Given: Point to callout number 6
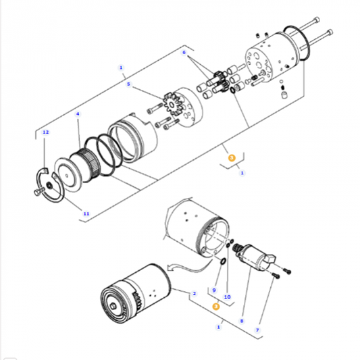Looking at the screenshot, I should click(183, 52).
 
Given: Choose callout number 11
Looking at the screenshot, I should click(86, 213).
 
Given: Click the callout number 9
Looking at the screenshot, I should click(214, 291).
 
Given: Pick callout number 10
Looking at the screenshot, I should click(227, 297).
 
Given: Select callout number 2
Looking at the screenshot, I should click(193, 294).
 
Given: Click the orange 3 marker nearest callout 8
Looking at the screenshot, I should click(215, 306).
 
